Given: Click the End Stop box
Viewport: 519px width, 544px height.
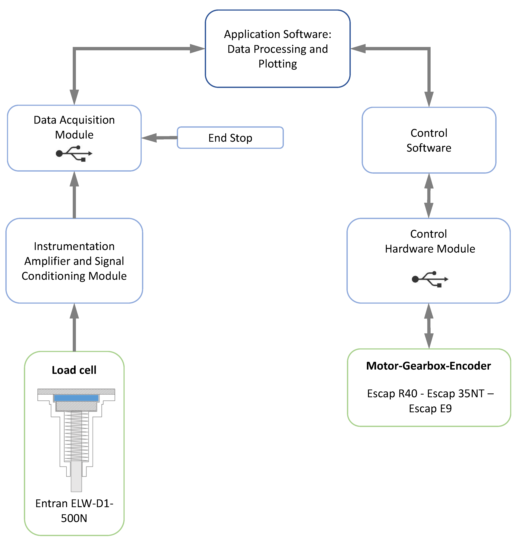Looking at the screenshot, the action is point(230,138).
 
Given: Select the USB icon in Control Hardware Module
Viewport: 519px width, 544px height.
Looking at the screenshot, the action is point(430,279).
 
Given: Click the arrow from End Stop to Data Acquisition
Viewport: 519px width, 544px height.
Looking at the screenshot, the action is point(159,138).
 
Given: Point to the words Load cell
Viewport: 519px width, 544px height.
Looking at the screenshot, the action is point(74,370).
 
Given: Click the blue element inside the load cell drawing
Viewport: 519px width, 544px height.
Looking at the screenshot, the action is point(76,398).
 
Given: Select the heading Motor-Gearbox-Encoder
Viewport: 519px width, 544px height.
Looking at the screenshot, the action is point(429,366).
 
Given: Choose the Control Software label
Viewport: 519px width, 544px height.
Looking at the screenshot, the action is point(429,140).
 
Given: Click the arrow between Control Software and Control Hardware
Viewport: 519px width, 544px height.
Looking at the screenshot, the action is point(429,196).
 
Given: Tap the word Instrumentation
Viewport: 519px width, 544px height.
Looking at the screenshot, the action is point(74,246).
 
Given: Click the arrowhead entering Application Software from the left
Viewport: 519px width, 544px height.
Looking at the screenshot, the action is point(197,49).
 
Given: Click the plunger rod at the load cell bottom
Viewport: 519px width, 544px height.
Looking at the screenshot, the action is point(76,476).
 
